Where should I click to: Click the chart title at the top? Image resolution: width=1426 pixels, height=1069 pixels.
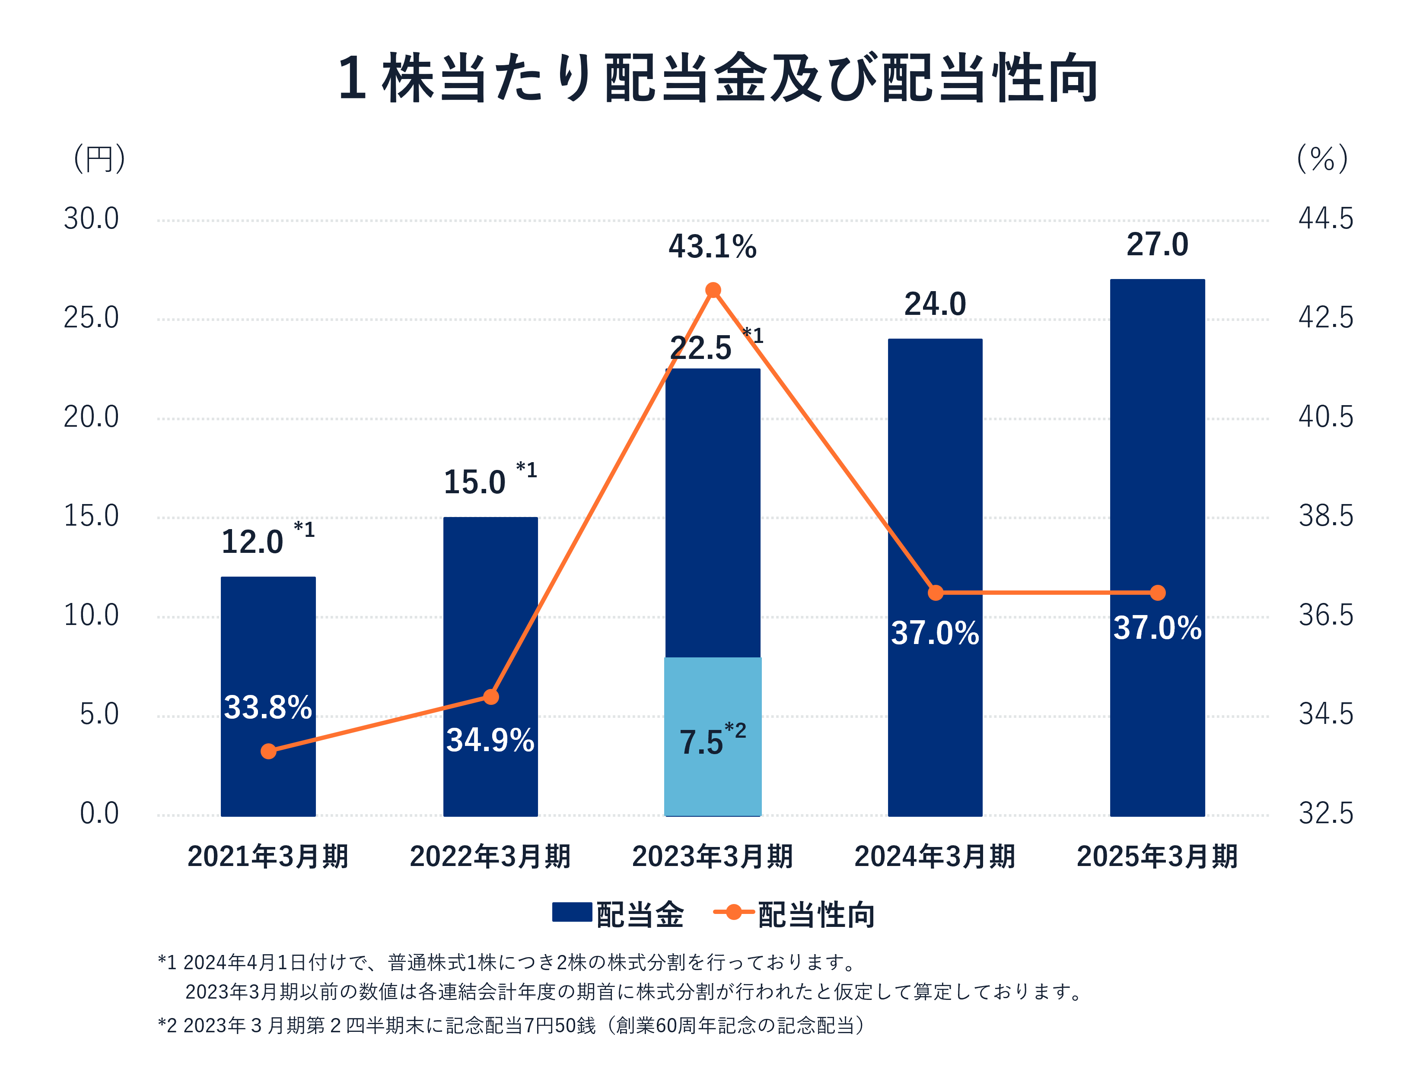(x=717, y=79)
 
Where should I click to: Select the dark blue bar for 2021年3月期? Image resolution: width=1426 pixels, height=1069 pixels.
(x=268, y=644)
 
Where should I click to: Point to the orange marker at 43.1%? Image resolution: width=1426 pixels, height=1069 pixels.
(x=713, y=290)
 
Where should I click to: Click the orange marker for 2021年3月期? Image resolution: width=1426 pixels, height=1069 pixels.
(x=269, y=752)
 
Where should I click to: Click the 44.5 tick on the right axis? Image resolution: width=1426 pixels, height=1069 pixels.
(x=1325, y=219)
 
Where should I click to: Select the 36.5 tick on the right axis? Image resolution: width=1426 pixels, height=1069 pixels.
(x=1325, y=615)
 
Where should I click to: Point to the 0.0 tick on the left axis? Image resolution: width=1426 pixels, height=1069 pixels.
(x=99, y=814)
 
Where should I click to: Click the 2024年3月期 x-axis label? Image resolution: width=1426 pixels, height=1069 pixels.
(x=935, y=857)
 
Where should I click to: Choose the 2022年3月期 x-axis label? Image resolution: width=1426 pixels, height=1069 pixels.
(x=490, y=857)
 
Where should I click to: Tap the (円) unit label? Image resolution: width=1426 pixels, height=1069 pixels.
(x=99, y=159)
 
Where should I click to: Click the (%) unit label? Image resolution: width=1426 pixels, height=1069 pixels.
(x=1322, y=159)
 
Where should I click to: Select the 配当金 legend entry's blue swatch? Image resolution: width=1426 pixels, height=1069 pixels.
(x=572, y=912)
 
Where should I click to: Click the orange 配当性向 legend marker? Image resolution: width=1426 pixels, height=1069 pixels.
(x=734, y=912)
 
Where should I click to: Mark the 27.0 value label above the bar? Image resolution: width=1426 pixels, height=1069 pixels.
(x=1157, y=245)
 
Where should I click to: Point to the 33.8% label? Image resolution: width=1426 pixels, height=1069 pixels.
(x=268, y=707)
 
